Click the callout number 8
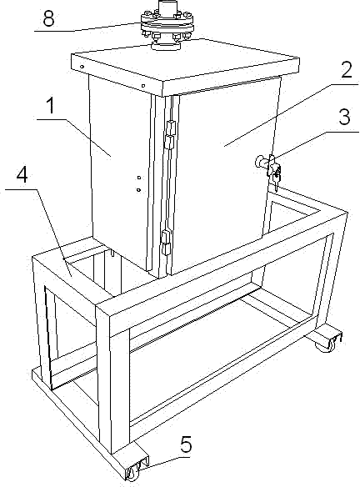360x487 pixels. coord(48,18)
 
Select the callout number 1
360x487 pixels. coord(50,105)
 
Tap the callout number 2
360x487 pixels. coord(346,69)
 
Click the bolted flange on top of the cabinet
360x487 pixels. coord(167,26)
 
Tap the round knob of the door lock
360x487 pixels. coord(259,161)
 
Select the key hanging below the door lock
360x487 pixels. coord(277,179)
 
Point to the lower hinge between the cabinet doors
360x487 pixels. coord(165,243)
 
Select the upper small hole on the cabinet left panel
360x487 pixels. coord(139,178)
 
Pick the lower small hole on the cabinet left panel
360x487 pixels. coord(138,189)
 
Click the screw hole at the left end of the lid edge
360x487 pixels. coord(82,66)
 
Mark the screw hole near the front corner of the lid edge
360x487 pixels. coord(143,85)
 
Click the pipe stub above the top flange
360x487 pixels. coord(167,7)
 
